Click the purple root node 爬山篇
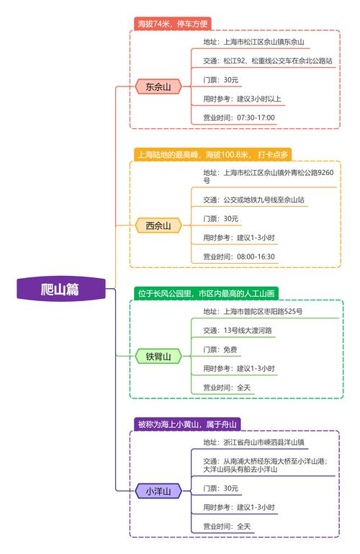(x=61, y=289)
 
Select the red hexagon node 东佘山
(x=158, y=86)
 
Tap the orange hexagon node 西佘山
(x=158, y=225)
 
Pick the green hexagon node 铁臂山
(x=158, y=357)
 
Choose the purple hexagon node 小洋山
(x=158, y=491)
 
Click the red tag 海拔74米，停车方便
(x=173, y=24)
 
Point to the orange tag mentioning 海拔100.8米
(x=213, y=154)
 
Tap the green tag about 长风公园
(x=206, y=294)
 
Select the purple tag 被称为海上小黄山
(x=187, y=424)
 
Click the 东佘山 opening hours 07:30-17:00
(x=239, y=117)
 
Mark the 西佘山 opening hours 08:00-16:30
(x=239, y=257)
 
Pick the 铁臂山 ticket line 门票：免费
(x=220, y=350)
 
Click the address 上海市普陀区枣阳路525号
(x=253, y=312)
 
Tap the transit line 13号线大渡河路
(x=238, y=331)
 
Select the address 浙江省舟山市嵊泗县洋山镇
(x=253, y=442)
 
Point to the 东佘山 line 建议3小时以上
(x=242, y=99)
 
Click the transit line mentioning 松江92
(x=268, y=61)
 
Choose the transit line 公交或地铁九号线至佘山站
(x=253, y=200)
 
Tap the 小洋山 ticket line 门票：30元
(x=220, y=488)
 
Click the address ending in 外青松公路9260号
(x=269, y=177)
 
